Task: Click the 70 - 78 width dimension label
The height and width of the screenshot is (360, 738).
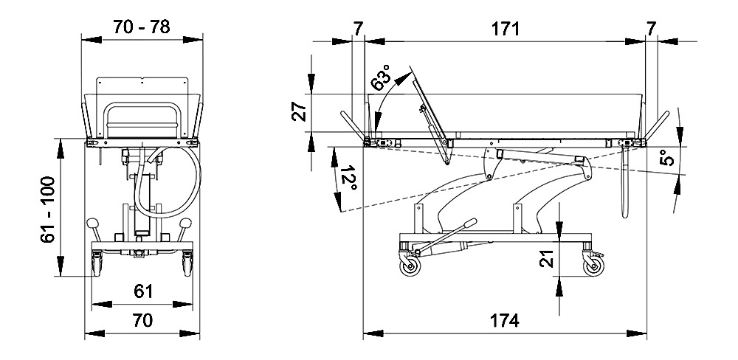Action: (142, 27)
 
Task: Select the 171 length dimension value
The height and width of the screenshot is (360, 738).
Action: (506, 29)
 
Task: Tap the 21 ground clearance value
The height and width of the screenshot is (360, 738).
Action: (545, 259)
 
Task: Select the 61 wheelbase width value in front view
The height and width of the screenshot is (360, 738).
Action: (143, 291)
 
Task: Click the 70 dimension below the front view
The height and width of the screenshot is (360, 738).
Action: (142, 321)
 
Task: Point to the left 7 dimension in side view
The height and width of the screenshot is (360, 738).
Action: (358, 29)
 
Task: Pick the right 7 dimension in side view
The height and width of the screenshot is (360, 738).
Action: (650, 29)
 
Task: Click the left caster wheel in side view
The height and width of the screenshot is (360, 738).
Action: (410, 267)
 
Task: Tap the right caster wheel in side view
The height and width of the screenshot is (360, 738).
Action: (594, 267)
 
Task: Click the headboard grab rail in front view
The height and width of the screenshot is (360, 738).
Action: (142, 118)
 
